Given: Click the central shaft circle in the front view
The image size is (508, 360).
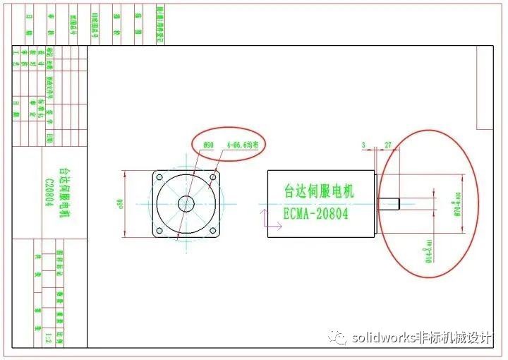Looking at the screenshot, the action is (x=186, y=203).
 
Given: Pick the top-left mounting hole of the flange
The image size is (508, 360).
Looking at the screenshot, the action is (x=159, y=177).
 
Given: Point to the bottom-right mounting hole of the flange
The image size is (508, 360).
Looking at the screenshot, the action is (x=212, y=229).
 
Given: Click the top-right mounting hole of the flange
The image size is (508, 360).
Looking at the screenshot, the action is (x=212, y=177).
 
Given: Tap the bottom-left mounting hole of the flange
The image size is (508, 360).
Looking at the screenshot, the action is (x=159, y=229).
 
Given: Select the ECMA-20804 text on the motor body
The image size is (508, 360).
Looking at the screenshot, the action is (x=315, y=213).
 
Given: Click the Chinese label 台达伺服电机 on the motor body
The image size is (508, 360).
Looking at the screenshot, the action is (x=319, y=191).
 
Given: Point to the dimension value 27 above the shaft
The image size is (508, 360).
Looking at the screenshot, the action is (x=387, y=145).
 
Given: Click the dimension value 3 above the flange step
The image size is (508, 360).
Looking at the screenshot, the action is (x=363, y=145).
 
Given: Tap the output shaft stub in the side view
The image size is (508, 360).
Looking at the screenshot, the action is (x=390, y=204).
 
